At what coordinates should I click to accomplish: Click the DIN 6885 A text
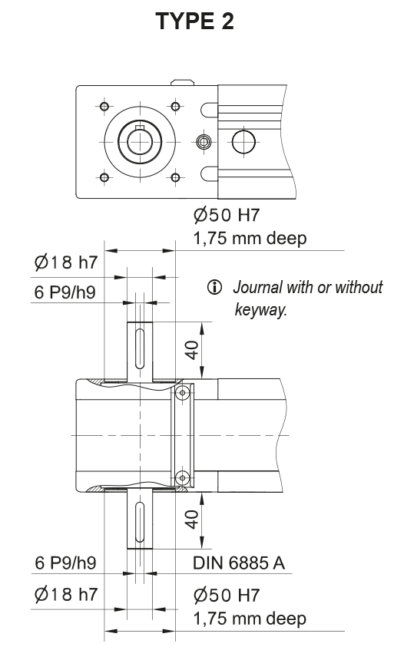240,565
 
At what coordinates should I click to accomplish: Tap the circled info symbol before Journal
214,289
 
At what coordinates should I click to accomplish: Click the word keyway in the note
260,311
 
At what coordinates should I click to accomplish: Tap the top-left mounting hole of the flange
103,105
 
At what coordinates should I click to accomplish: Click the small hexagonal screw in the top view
204,142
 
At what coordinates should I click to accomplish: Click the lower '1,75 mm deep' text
250,619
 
